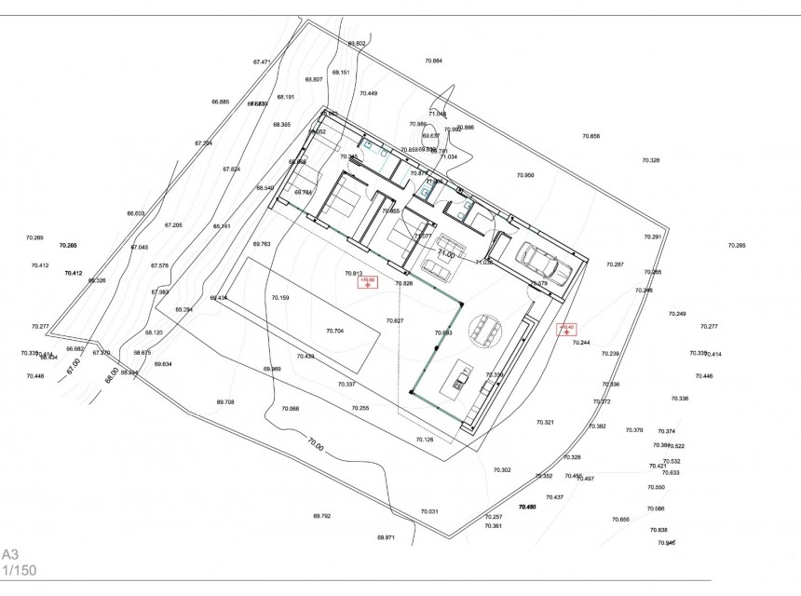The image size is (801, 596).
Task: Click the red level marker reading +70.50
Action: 367,281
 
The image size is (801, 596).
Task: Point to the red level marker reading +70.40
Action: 565,329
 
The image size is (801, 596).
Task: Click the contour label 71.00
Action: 447,253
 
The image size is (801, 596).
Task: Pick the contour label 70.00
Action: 314,445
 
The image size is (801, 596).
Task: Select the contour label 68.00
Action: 112,374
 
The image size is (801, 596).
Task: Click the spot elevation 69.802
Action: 357,44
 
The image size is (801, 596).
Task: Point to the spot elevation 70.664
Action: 433,61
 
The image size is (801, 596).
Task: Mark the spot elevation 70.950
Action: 525,175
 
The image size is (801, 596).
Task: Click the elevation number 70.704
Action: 334,331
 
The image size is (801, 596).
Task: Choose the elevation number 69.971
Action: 386,537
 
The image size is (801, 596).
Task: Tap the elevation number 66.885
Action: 220,102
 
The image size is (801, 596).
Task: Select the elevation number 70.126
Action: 425,440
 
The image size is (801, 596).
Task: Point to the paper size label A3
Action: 10,552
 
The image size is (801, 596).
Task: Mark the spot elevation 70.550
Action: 656,487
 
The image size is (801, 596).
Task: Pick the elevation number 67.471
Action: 261,62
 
